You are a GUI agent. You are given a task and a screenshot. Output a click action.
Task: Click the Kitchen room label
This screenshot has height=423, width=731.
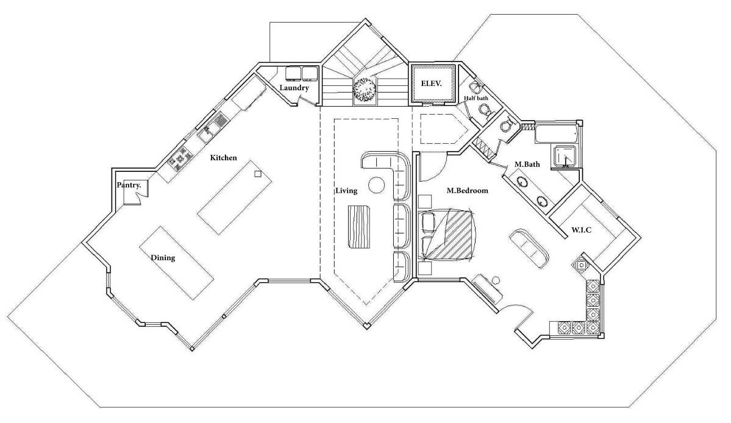click(223, 158)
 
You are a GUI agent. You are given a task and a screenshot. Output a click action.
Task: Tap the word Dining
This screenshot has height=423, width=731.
click(163, 258)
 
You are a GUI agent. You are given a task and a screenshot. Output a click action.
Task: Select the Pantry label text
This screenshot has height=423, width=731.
click(129, 185)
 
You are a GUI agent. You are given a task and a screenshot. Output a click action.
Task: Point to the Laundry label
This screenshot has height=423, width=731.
click(294, 88)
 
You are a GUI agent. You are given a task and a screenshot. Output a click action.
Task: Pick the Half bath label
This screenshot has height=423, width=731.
click(475, 98)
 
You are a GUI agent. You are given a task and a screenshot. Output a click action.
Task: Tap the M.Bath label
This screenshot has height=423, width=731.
click(527, 164)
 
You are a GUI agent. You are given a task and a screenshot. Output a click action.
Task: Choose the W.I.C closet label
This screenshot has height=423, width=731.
click(583, 230)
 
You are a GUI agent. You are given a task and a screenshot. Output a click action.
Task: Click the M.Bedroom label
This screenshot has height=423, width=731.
click(468, 191)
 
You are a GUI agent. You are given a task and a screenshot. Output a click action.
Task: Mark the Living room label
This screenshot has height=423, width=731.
click(346, 191)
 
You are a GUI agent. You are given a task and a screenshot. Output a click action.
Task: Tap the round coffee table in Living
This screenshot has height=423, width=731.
click(376, 184)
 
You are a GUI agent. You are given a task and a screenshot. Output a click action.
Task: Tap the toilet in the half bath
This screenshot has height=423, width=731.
click(485, 110)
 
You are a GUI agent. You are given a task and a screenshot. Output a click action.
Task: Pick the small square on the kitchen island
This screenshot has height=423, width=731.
click(258, 174)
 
